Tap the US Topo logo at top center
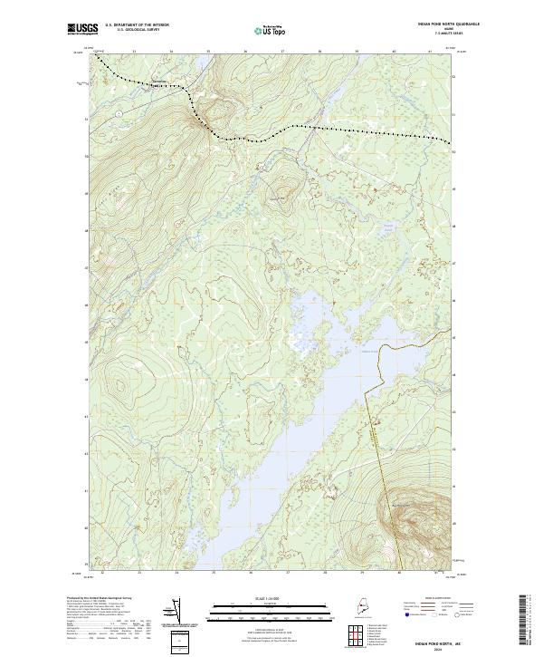(271, 30)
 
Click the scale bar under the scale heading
(271, 606)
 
